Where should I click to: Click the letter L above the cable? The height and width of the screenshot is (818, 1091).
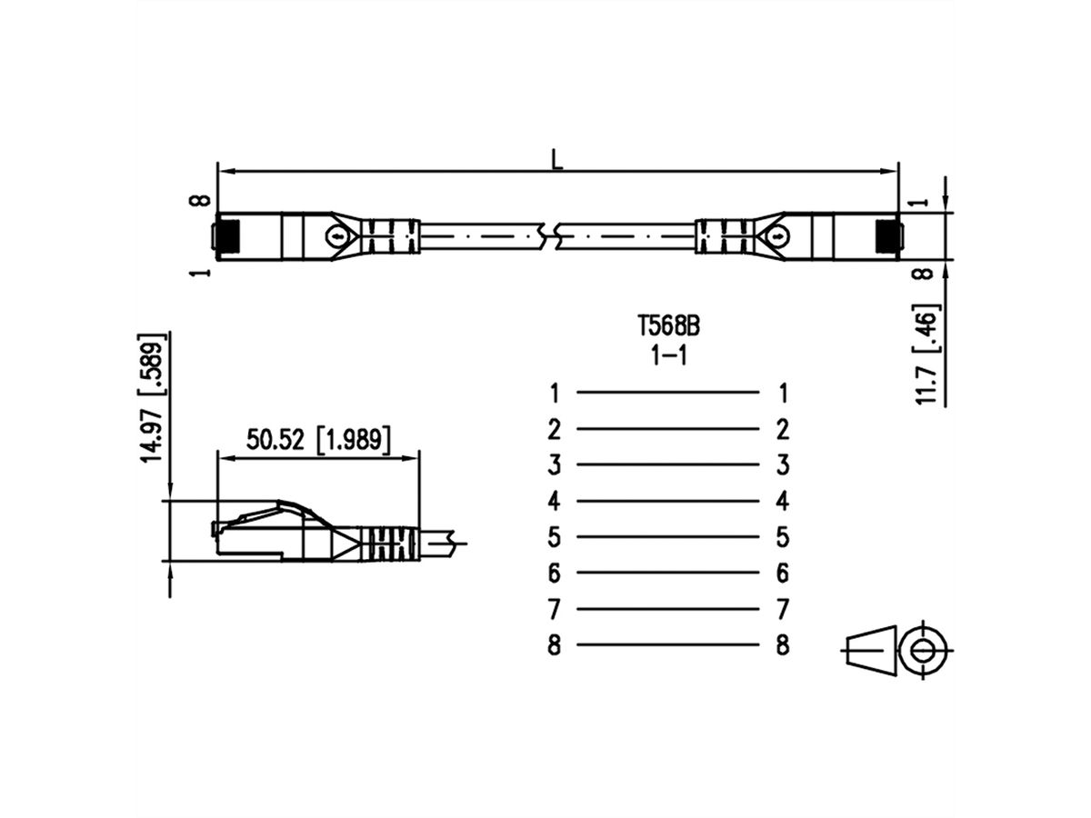557,160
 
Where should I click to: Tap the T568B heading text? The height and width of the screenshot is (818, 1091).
668,327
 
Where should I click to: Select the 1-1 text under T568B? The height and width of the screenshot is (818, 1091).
668,355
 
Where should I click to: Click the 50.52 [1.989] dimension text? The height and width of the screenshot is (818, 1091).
318,440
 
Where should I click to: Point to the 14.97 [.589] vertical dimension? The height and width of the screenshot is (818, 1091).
152,398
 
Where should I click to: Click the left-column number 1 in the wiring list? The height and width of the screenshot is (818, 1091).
555,393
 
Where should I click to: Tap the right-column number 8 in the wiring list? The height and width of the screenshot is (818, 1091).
783,645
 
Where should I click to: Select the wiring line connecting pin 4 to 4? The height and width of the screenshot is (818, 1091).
667,501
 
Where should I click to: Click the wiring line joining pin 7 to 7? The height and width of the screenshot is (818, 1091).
667,609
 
